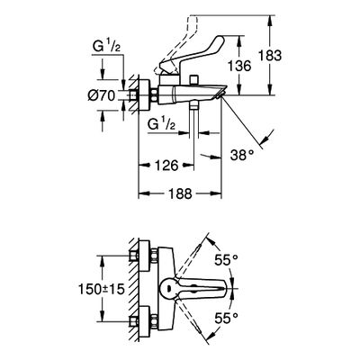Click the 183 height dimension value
point(270,56)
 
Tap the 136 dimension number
point(239,66)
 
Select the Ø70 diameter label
point(102,96)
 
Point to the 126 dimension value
point(166,165)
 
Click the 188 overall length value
point(180,193)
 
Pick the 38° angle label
point(242,156)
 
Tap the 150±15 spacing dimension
point(102,289)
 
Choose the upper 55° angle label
point(226,260)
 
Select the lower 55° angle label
point(227,319)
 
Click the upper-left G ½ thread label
point(106,48)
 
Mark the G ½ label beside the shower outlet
point(161,124)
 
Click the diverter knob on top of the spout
point(194,80)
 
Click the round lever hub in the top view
point(168,288)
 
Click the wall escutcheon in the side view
point(145,95)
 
